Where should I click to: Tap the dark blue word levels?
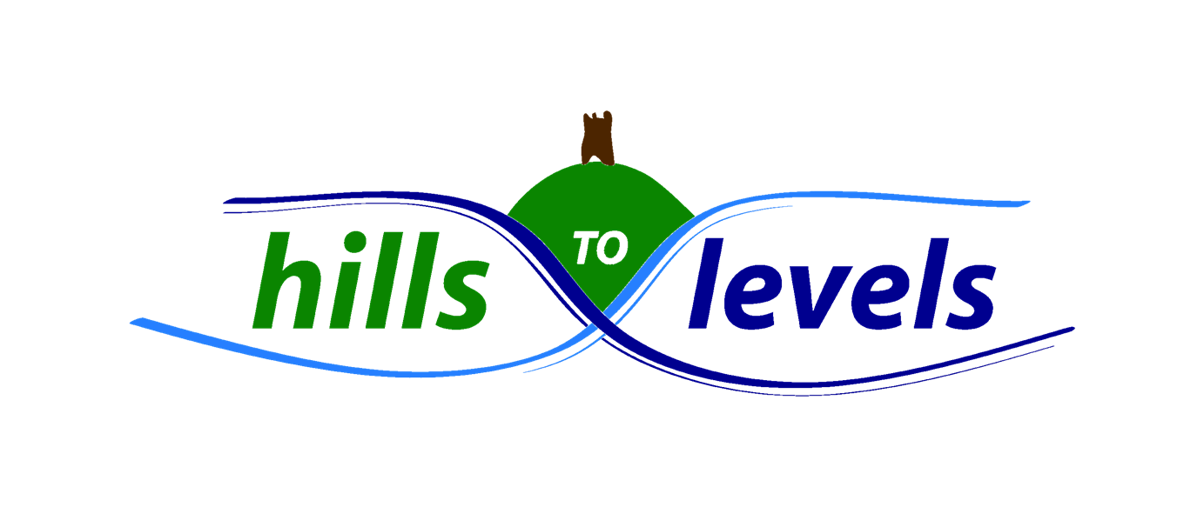[x=840, y=285]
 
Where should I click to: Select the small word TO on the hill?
[x=601, y=250]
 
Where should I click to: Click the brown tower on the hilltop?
[x=597, y=137]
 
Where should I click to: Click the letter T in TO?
[x=585, y=248]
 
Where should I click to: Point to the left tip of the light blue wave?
[x=132, y=322]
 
